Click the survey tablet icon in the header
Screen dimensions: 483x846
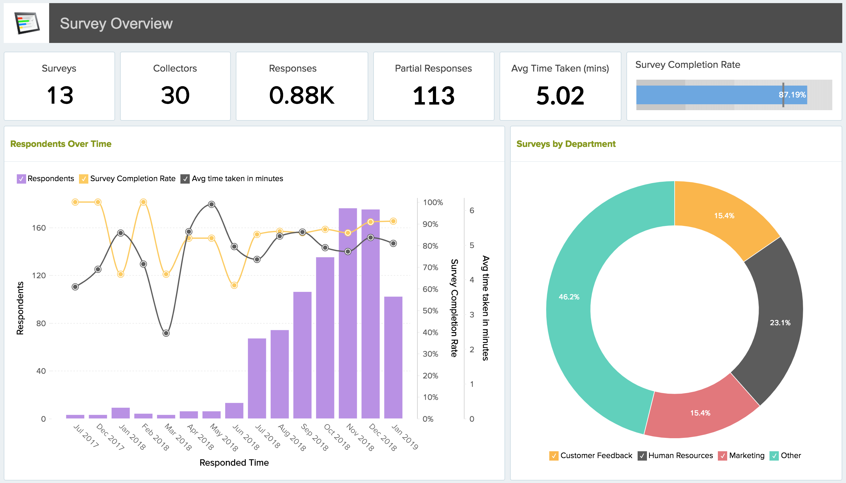click(27, 23)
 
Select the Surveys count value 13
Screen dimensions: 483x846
click(60, 96)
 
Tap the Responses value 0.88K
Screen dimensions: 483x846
click(302, 96)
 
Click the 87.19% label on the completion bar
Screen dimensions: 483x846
click(792, 95)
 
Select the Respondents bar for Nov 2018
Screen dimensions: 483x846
click(348, 313)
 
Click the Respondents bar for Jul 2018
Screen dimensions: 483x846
click(257, 378)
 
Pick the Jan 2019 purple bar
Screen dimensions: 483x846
click(393, 357)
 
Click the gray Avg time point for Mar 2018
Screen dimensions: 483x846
click(166, 333)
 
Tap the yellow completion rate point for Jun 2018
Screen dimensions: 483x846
click(234, 285)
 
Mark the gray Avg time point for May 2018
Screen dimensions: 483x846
click(211, 204)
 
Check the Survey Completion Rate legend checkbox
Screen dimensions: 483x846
click(84, 179)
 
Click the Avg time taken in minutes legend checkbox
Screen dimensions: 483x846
click(185, 179)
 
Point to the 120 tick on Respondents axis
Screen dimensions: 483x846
click(39, 275)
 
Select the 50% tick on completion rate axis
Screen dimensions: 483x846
click(430, 311)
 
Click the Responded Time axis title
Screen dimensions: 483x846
click(234, 462)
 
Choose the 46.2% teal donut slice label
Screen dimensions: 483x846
click(569, 297)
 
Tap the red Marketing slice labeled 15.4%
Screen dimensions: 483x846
click(700, 413)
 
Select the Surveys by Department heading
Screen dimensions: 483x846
click(565, 144)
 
